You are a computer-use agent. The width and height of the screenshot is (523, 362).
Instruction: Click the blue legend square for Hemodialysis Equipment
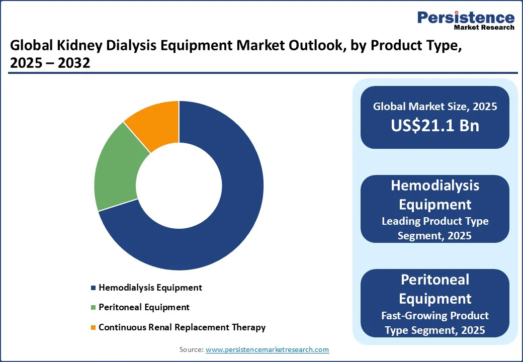point(93,288)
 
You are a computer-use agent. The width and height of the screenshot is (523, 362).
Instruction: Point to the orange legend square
point(93,328)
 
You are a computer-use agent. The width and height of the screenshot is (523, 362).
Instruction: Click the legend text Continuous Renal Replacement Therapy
point(182,327)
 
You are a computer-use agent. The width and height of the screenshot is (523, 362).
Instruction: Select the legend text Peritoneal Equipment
point(144,307)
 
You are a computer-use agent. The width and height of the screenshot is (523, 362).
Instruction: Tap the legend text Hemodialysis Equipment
point(150,288)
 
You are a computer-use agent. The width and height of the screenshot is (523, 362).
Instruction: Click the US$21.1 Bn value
point(435,126)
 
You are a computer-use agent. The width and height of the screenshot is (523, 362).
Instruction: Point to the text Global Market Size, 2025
point(435,106)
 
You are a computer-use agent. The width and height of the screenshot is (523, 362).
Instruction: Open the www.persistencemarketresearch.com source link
point(267,349)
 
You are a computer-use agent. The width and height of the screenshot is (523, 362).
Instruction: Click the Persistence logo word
point(466,18)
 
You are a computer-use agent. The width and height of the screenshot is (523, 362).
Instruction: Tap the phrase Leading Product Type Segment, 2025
point(435,228)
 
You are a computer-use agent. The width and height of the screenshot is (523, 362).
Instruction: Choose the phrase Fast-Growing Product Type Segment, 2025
point(435,322)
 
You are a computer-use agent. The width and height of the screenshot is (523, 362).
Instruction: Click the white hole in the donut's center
point(179,186)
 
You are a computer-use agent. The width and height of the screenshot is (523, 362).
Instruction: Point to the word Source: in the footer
point(192,349)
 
